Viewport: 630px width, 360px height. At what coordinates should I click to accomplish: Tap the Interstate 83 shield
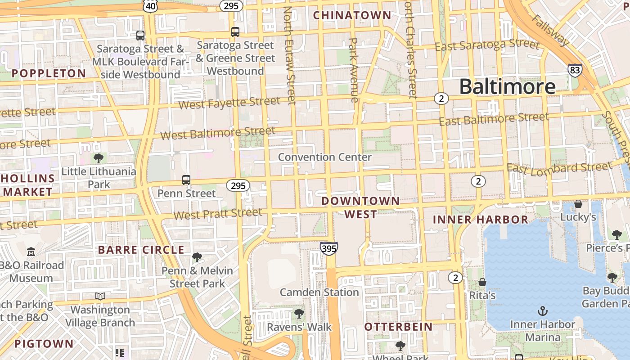(575, 70)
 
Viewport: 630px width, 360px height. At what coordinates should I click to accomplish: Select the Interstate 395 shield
(329, 248)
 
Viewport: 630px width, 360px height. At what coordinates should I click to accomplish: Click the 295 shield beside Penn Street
(238, 185)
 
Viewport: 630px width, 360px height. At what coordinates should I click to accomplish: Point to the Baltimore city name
(507, 86)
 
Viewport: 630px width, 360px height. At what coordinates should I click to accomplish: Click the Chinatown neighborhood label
(352, 15)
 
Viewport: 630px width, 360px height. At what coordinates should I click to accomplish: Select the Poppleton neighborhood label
(49, 73)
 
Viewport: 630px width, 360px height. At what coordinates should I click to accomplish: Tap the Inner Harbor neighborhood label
(480, 220)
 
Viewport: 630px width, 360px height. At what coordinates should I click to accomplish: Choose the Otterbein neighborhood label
(398, 327)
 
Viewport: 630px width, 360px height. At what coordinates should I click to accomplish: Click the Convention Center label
(324, 157)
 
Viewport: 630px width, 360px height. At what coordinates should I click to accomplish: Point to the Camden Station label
(319, 292)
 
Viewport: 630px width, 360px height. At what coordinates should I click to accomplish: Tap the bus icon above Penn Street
(186, 180)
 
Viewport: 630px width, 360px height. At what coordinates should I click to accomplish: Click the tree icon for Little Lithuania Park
(98, 158)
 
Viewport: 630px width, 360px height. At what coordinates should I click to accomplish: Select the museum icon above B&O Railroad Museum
(31, 252)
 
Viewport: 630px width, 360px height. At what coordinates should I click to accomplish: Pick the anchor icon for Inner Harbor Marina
(543, 311)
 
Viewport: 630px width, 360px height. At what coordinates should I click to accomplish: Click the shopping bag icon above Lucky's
(578, 204)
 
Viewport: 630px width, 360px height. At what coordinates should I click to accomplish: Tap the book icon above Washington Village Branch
(100, 297)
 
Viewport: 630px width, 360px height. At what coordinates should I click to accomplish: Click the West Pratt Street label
(218, 214)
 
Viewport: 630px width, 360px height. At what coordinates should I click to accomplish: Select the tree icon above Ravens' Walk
(299, 313)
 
